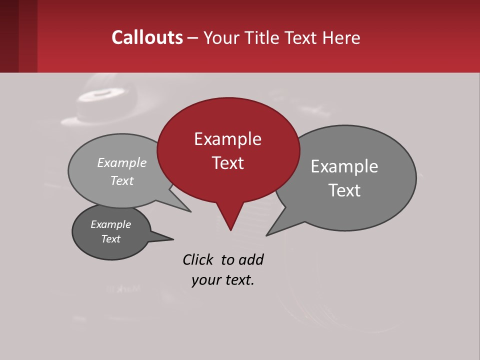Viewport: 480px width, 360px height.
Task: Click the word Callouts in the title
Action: click(147, 37)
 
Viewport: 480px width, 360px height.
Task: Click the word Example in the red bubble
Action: click(227, 139)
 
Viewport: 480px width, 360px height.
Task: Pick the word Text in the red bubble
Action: click(227, 163)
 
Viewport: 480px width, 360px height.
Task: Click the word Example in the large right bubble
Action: click(344, 166)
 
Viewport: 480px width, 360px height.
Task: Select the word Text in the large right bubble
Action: click(344, 190)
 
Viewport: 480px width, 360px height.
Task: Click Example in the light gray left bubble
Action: click(122, 162)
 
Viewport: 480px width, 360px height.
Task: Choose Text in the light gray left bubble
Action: click(122, 180)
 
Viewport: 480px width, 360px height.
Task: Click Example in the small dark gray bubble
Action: click(110, 224)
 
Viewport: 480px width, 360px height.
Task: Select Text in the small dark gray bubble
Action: click(110, 239)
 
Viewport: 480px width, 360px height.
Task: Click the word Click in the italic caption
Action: click(197, 259)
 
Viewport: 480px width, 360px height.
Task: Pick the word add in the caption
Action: click(250, 259)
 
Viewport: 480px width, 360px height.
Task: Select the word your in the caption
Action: click(204, 280)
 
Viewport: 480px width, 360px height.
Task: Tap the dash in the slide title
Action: click(193, 38)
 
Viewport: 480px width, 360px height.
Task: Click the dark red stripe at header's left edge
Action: click(9, 36)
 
